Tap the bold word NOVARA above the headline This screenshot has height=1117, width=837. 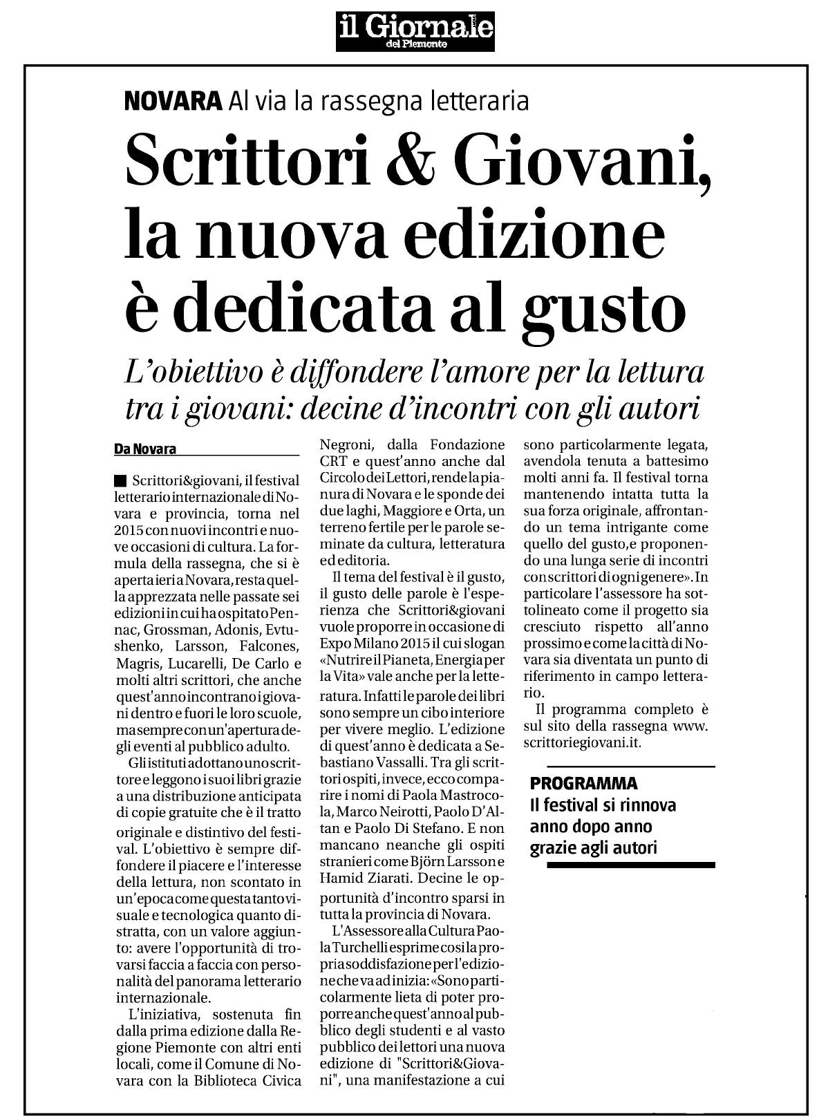(172, 102)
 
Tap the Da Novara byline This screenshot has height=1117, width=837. (145, 449)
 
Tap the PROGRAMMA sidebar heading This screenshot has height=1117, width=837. (583, 783)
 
